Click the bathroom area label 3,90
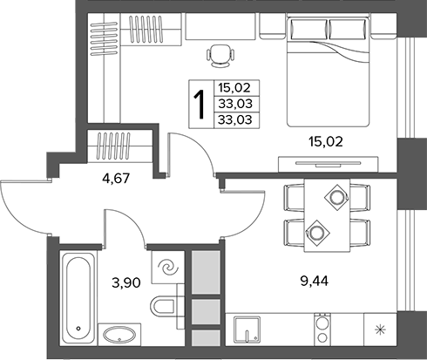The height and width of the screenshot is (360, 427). (126, 282)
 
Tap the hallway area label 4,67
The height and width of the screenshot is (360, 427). (116, 178)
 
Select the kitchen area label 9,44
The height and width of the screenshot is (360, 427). (315, 281)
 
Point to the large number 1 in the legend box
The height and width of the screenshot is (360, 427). (200, 105)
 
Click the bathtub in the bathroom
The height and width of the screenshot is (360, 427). (78, 298)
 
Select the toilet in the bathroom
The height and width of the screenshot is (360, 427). (164, 306)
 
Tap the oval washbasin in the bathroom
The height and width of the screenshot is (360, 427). (119, 335)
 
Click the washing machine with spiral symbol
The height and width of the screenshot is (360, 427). (168, 268)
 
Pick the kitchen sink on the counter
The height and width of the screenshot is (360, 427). (247, 329)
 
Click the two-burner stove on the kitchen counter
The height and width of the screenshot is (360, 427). (322, 329)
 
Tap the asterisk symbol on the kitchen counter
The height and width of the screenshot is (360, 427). (380, 329)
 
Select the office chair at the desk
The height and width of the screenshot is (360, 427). (220, 56)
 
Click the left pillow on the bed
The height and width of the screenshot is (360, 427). (308, 29)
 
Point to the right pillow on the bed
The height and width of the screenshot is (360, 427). (348, 29)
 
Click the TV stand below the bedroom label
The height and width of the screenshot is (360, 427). (329, 164)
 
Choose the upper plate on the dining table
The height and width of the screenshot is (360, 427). (337, 198)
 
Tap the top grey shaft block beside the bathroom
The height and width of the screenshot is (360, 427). (206, 273)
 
